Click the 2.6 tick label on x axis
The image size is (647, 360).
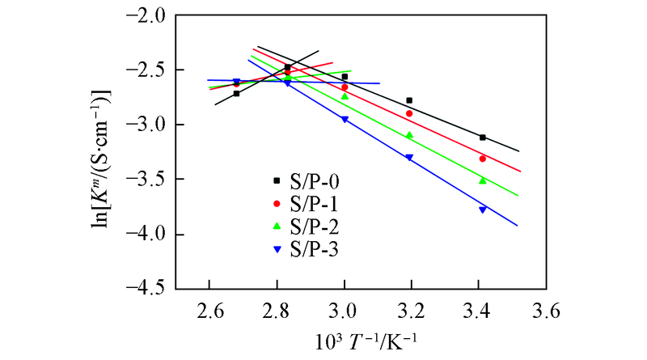209,309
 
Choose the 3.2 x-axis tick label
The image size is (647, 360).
412,309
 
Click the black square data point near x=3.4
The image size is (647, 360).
483,138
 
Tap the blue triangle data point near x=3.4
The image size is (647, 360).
483,210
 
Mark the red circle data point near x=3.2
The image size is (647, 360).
409,113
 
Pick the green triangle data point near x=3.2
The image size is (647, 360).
409,135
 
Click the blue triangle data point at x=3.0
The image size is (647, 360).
345,119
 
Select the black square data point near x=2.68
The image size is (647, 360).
236,94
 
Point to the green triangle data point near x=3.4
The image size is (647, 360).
483,180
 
